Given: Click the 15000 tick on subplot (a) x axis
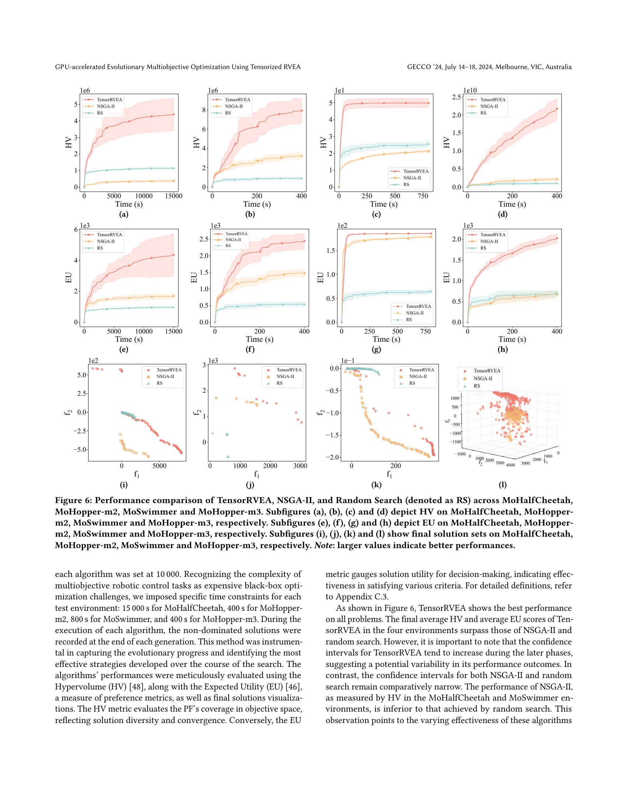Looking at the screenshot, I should tap(173, 196).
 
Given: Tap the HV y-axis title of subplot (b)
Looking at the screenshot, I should tap(197, 143).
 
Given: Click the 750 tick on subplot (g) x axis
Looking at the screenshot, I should tap(426, 331).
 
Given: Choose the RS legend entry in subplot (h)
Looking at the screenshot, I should tap(483, 248).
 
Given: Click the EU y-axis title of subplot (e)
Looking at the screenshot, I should tap(68, 278).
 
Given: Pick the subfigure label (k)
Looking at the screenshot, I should tap(376, 485).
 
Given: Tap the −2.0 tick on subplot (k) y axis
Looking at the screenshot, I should tap(333, 457).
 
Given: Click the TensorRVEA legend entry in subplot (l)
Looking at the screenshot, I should tap(486, 371).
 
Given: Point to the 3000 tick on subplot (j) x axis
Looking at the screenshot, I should tap(299, 465).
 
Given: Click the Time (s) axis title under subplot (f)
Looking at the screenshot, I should tap(259, 339).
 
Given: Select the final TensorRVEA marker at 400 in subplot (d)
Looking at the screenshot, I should tap(557, 109).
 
